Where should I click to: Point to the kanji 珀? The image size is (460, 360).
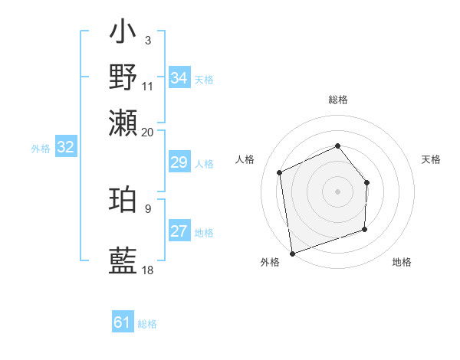(x=123, y=200)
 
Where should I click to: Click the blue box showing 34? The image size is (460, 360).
(x=179, y=78)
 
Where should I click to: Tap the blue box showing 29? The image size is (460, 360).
(x=179, y=162)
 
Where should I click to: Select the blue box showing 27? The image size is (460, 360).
(x=179, y=231)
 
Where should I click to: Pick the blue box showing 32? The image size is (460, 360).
(x=65, y=148)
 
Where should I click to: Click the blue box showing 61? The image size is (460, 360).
(x=123, y=322)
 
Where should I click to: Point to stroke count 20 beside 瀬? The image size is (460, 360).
(x=148, y=132)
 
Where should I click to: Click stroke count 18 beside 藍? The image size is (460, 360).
(x=148, y=270)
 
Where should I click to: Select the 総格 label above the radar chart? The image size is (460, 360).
(x=338, y=100)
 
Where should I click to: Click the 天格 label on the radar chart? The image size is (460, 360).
(x=432, y=159)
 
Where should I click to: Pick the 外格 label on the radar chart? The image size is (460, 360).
(x=270, y=263)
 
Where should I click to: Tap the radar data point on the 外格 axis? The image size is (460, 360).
(x=292, y=253)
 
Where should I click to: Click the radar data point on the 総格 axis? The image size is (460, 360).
(x=338, y=146)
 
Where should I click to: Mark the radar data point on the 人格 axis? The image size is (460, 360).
(x=280, y=172)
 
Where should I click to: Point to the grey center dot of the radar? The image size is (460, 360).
(x=338, y=191)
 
